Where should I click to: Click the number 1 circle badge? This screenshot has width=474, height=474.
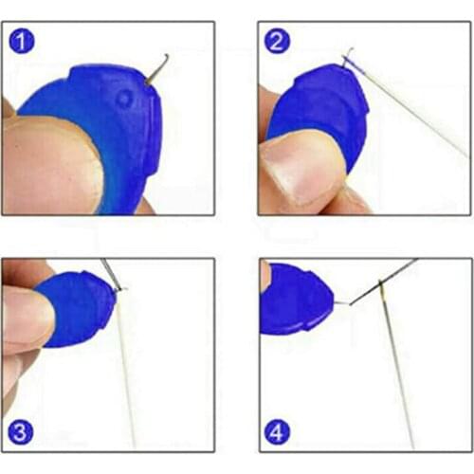22,41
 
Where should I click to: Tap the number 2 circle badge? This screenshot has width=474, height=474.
277,41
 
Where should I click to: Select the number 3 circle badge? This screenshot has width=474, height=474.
21,432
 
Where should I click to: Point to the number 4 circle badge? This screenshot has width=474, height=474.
277,432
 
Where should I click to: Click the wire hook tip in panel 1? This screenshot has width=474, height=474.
167,56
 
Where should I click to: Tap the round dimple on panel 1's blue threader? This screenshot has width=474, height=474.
124,100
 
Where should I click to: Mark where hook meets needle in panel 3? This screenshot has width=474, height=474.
119,289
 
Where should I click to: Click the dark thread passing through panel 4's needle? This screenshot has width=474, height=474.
383,282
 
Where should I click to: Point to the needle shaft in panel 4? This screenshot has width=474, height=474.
397,363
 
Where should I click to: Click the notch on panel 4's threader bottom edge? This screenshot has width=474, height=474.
307,329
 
